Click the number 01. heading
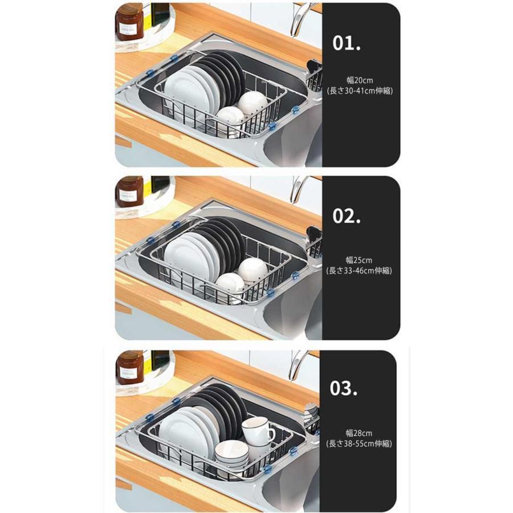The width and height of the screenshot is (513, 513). [x=347, y=43]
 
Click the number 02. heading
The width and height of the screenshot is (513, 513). [x=347, y=216]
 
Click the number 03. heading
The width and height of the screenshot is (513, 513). [x=343, y=388]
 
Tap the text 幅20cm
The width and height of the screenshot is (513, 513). [x=360, y=80]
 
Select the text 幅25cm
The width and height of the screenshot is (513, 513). [x=359, y=260]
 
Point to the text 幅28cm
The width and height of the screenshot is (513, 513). [x=359, y=433]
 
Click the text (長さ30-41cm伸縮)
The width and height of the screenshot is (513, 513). [x=360, y=91]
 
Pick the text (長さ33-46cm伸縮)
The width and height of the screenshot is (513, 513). [x=359, y=271]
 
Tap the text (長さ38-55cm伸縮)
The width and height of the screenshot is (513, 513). [x=359, y=443]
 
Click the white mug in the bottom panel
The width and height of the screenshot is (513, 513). [x=258, y=431]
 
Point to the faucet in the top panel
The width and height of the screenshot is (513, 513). [x=301, y=19]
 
